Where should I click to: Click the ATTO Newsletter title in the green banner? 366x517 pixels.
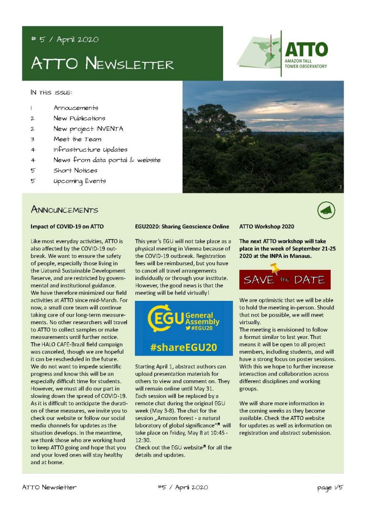tap(102, 63)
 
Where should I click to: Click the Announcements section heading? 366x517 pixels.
tap(64, 209)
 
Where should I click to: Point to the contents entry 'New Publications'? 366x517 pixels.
tap(79, 118)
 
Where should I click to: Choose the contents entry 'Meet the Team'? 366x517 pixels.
tap(77, 139)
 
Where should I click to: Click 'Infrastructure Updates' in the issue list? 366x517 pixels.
tap(90, 149)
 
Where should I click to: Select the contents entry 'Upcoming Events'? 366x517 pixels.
tap(80, 181)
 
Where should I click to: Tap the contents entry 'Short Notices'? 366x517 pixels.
tap(75, 170)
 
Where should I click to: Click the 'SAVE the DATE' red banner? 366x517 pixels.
tap(285, 279)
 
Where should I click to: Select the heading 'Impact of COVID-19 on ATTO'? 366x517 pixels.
tap(67, 226)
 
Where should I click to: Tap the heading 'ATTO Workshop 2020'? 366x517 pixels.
tap(266, 226)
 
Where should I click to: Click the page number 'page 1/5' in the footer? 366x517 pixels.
tap(330, 487)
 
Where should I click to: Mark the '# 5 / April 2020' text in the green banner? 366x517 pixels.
tap(64, 40)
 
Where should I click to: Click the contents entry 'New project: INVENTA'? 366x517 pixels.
tap(88, 129)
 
